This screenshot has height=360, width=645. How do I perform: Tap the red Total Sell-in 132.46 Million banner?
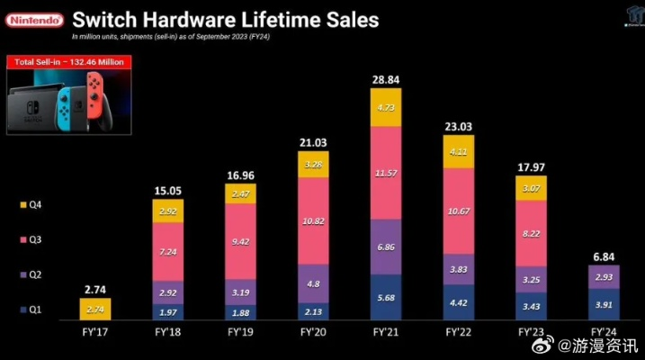click(x=68, y=62)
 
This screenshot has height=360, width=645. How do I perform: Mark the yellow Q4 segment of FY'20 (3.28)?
click(x=313, y=165)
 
